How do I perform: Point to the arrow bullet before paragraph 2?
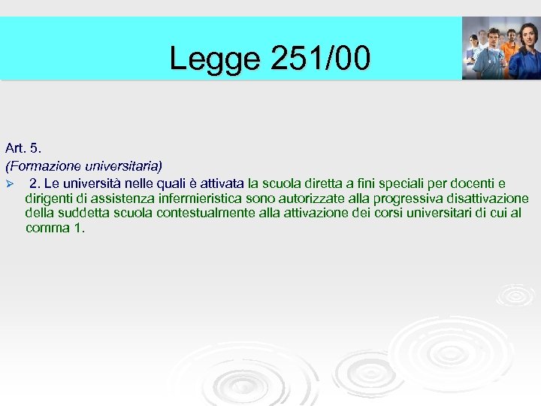10,183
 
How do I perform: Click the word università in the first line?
92,183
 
